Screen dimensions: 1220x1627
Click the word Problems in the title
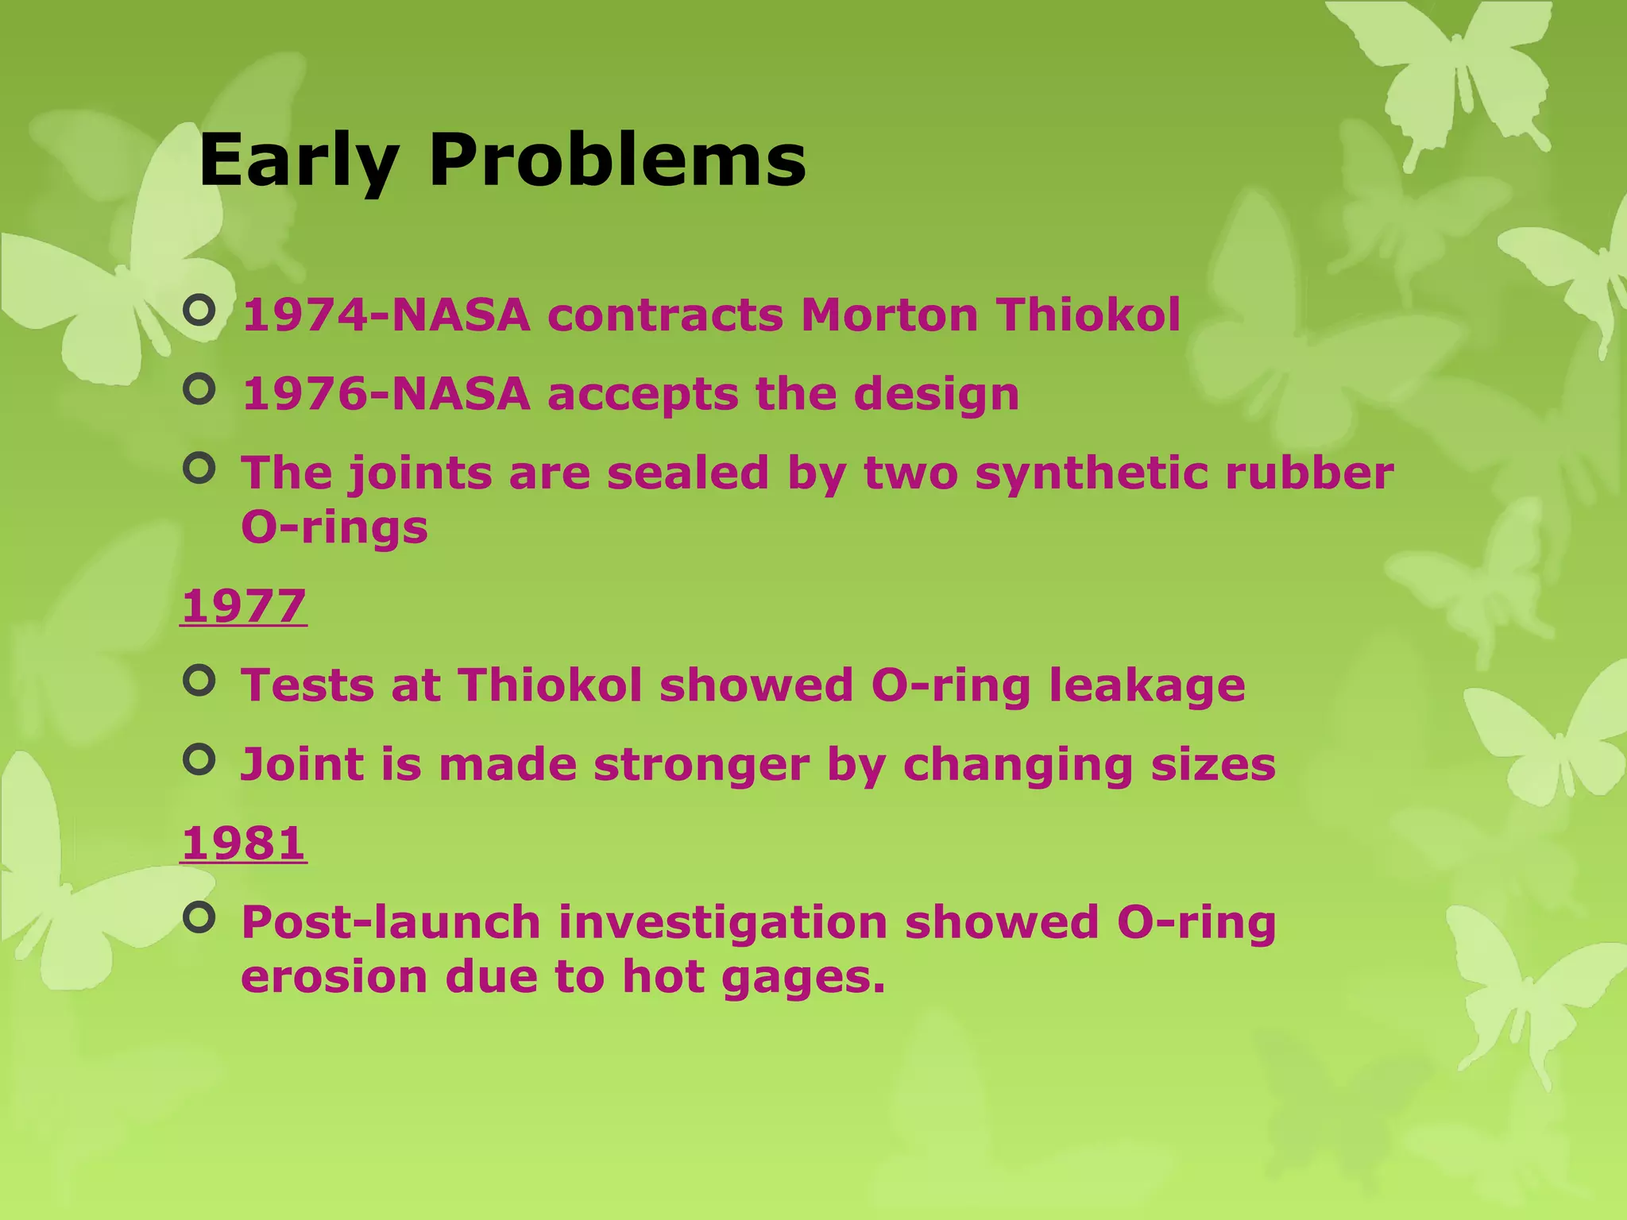click(x=617, y=161)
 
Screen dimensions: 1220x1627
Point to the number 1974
click(x=305, y=315)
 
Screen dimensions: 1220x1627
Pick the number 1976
click(x=305, y=394)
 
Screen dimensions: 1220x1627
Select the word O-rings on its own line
click(x=334, y=527)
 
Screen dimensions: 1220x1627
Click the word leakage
click(x=1146, y=686)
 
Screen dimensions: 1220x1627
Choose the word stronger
click(x=701, y=766)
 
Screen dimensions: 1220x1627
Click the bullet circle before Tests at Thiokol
click(x=199, y=680)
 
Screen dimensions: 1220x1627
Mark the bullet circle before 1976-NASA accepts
click(x=199, y=389)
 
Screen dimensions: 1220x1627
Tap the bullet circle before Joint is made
click(x=199, y=759)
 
